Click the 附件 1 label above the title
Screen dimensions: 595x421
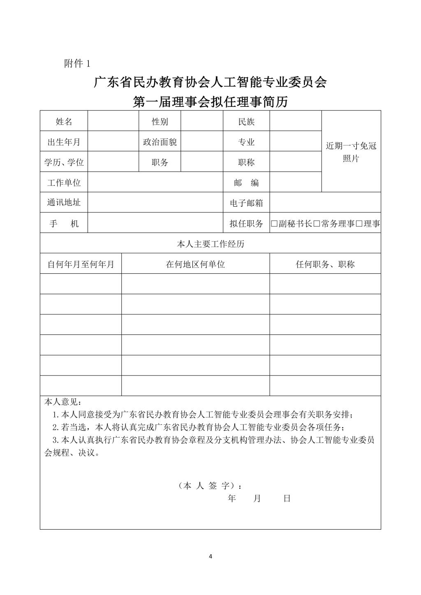coord(77,64)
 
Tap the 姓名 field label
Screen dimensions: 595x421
coord(64,122)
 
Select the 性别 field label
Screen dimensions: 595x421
coord(160,122)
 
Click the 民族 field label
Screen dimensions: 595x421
coord(246,122)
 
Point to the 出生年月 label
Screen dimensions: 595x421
coord(64,142)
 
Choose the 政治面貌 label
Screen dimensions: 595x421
coord(160,142)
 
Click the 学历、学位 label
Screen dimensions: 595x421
coord(64,162)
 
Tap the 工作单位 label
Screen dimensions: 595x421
coord(64,182)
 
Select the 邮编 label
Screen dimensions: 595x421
coord(246,182)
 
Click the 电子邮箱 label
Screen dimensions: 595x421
coord(246,203)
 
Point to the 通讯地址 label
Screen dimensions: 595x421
coord(64,203)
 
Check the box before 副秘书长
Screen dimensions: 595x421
coord(274,224)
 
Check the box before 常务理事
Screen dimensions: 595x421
coord(317,224)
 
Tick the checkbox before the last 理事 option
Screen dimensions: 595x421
coord(359,224)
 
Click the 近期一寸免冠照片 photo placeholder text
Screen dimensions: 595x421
coord(351,152)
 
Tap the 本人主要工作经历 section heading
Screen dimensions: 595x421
coord(210,244)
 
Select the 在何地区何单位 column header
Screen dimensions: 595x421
coord(195,264)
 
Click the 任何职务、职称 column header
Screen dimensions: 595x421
coord(325,264)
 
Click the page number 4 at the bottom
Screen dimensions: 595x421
coord(210,557)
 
